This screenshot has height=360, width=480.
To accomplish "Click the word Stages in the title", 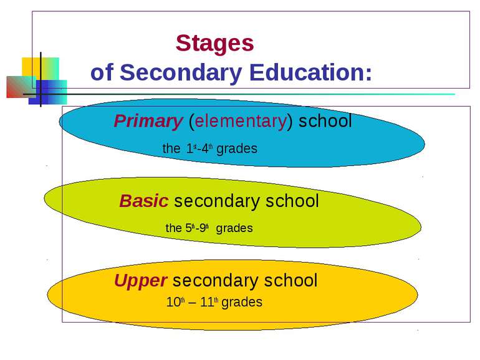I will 215,44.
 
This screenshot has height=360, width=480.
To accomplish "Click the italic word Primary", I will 147,122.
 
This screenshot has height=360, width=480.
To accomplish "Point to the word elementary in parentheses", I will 240,122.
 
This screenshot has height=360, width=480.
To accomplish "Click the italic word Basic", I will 143,202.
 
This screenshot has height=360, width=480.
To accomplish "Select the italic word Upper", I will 140,281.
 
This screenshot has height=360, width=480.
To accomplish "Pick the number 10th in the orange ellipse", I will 175,303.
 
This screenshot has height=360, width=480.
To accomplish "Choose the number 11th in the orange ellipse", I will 210,303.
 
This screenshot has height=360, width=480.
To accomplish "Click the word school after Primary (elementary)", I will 325,122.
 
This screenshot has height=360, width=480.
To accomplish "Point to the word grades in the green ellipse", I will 234,228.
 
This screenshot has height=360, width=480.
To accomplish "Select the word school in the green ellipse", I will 292,202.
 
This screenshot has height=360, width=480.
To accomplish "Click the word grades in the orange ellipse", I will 242,303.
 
